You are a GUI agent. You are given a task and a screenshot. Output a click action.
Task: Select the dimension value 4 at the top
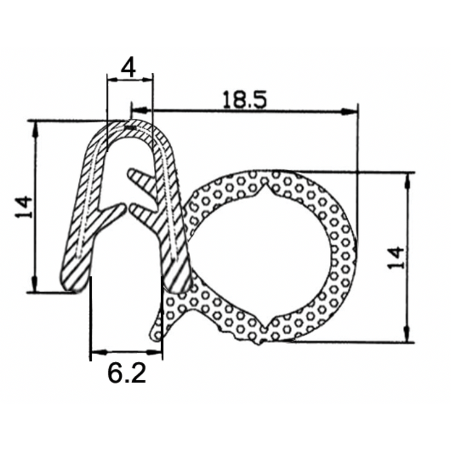(129, 68)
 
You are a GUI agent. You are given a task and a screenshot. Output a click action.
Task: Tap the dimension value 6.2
(127, 373)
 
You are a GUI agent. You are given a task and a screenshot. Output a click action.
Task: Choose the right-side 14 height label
(397, 258)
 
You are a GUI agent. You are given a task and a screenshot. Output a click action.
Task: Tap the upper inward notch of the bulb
(265, 189)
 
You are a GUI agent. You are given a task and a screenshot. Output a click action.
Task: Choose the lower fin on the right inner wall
(143, 213)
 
